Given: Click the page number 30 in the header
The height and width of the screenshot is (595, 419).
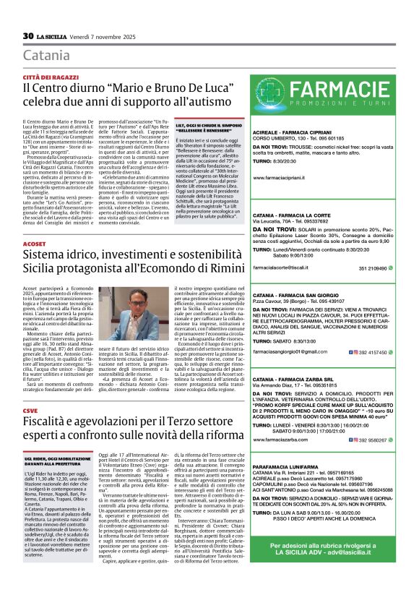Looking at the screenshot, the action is [28, 35].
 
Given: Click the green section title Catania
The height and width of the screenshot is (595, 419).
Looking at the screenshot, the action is [45, 56].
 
